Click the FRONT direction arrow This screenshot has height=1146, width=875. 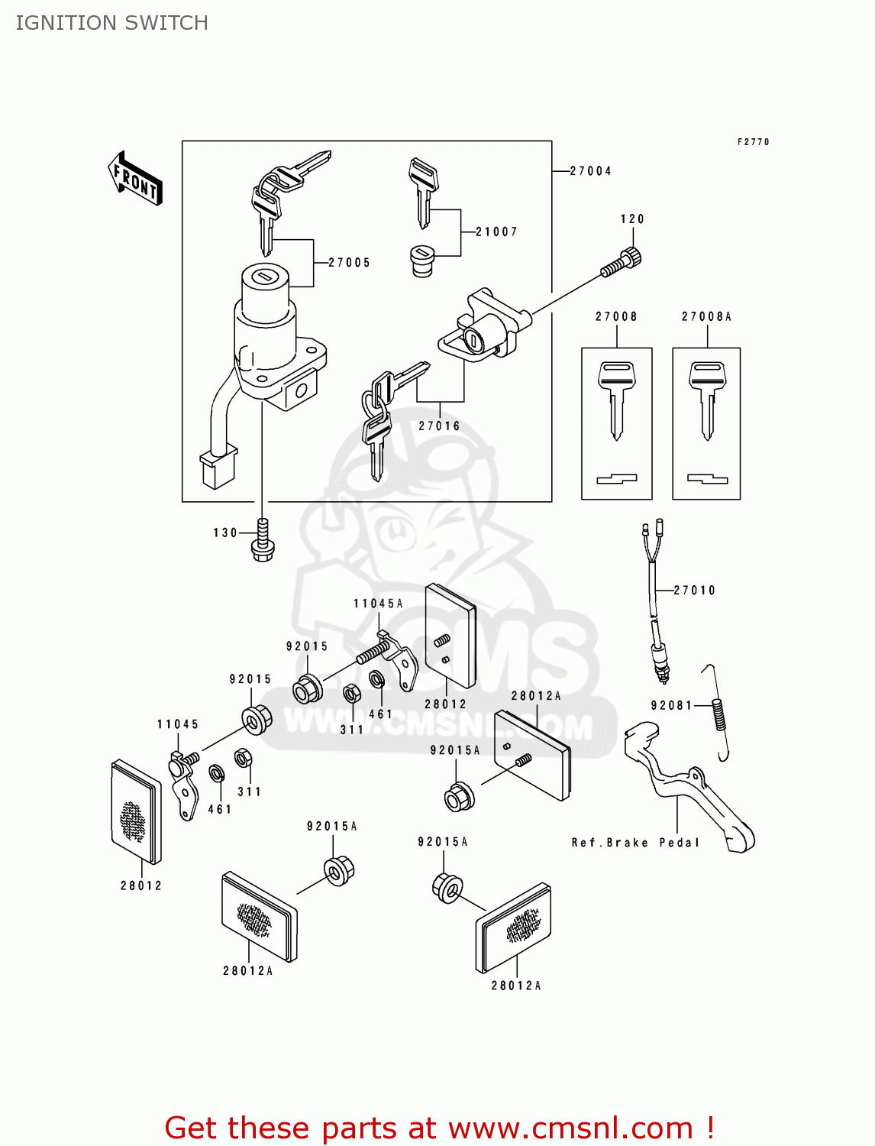(135, 179)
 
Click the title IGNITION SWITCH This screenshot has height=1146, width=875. (111, 23)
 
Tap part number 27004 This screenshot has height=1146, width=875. (590, 171)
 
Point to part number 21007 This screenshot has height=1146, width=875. (496, 231)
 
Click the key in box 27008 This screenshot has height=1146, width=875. (616, 398)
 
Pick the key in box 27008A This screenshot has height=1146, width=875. (707, 398)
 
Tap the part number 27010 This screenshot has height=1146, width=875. (694, 590)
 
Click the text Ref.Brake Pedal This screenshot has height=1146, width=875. (635, 842)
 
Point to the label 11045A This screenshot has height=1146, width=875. (378, 604)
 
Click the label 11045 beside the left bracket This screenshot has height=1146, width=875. (178, 724)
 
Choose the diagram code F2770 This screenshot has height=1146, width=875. (753, 142)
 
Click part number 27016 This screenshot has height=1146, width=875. (439, 426)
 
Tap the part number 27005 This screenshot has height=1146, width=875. (349, 263)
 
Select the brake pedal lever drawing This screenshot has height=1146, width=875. (691, 795)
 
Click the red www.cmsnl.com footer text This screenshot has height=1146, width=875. (439, 1128)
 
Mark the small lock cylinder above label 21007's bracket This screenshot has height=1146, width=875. (422, 261)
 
